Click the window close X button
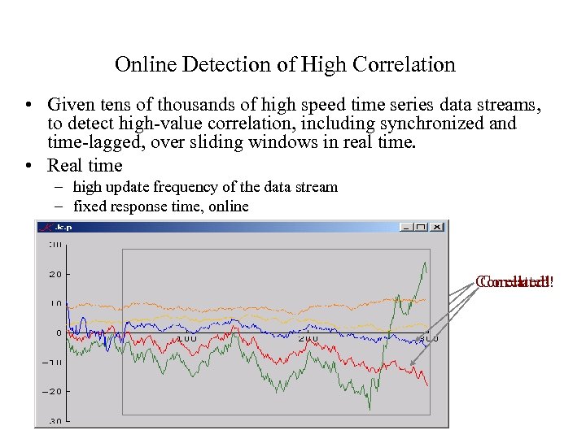tap(437, 227)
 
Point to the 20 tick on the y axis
tap(55, 274)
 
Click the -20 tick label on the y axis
tap(52, 391)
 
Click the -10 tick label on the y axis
tap(52, 362)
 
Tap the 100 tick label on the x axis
tap(186, 338)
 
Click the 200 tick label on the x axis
tap(308, 338)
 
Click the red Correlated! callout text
tap(514, 283)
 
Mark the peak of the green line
tap(425, 263)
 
